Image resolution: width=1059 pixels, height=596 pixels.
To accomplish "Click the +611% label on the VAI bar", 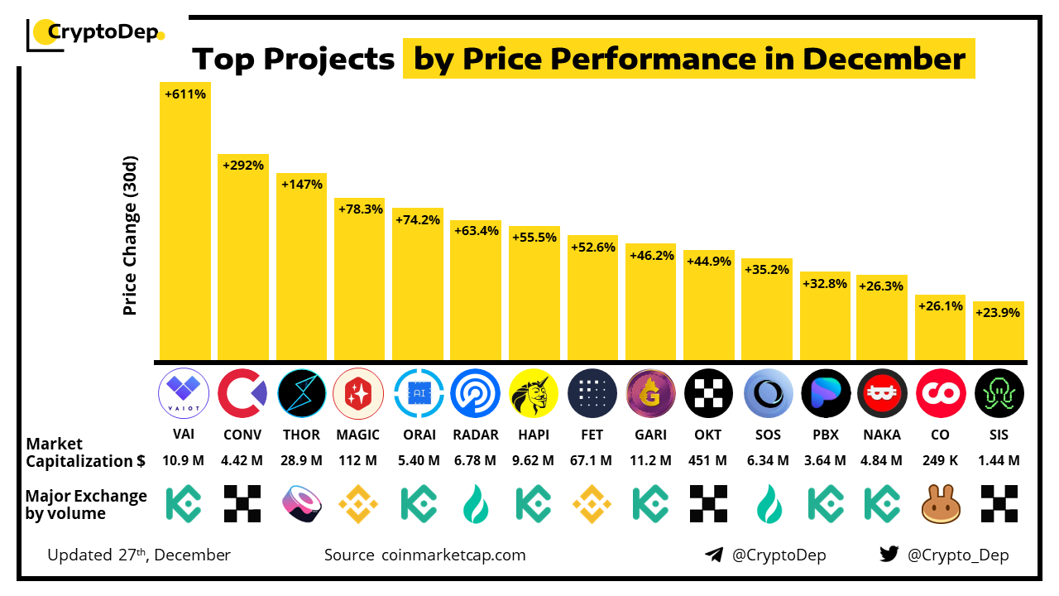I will [185, 94].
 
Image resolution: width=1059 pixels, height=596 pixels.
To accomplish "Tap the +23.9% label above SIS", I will [999, 313].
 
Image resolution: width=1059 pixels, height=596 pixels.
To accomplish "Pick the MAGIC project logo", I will [358, 394].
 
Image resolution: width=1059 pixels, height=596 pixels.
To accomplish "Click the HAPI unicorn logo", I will [534, 394].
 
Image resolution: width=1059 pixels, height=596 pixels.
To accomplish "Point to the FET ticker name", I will [592, 435].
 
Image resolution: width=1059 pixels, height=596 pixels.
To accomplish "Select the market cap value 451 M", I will [709, 460].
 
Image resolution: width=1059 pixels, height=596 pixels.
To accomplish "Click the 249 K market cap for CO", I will [941, 460].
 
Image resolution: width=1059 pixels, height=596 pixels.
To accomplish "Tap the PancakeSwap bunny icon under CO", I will [941, 503].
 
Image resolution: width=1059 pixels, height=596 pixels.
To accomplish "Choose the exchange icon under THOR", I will [301, 503].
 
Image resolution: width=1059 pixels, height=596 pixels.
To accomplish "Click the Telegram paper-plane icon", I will [714, 555].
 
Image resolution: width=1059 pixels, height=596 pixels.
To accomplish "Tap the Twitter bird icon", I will [889, 555].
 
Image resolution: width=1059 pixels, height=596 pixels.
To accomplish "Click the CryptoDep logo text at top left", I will [103, 32].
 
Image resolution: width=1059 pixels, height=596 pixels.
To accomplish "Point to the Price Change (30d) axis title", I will [130, 236].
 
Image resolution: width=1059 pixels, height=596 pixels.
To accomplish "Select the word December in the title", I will [884, 59].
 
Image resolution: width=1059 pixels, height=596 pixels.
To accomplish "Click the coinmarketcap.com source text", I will [453, 555].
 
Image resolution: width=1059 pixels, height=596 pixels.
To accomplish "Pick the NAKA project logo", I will [882, 394].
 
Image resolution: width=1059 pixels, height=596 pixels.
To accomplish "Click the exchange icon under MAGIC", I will [358, 503].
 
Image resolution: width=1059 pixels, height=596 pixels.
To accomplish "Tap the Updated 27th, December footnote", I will [139, 555].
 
